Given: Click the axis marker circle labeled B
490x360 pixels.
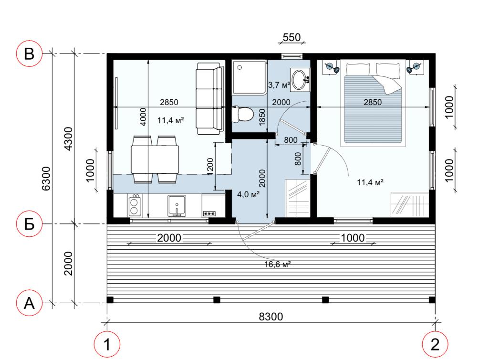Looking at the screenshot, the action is (x=29, y=53).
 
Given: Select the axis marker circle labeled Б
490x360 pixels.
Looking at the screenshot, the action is (x=29, y=223).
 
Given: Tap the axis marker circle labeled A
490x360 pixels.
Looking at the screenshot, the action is (x=29, y=303).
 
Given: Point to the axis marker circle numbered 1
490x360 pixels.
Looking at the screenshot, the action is (x=107, y=344).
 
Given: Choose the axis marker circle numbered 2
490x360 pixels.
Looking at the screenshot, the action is (x=435, y=344).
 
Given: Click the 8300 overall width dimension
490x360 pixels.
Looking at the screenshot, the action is (x=271, y=317).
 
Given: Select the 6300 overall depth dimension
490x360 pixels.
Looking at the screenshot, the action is (x=46, y=178).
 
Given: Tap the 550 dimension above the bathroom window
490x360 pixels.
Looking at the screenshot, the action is (x=292, y=38).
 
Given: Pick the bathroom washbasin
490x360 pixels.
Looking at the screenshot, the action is (x=300, y=80).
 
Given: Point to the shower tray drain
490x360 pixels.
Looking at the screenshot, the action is (x=240, y=67).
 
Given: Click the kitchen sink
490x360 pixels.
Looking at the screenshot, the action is (x=177, y=205).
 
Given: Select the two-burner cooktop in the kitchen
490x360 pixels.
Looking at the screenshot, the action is (x=135, y=205).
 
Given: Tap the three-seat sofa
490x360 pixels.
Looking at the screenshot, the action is (x=209, y=98).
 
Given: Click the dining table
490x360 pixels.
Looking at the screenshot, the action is (x=155, y=159).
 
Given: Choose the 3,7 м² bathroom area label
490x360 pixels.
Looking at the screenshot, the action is (x=279, y=85).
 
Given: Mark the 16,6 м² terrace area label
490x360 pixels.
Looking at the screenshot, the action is (x=278, y=265).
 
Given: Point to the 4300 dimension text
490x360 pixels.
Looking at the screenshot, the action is (x=68, y=138).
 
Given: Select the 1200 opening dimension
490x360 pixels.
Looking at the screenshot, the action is (x=210, y=167).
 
